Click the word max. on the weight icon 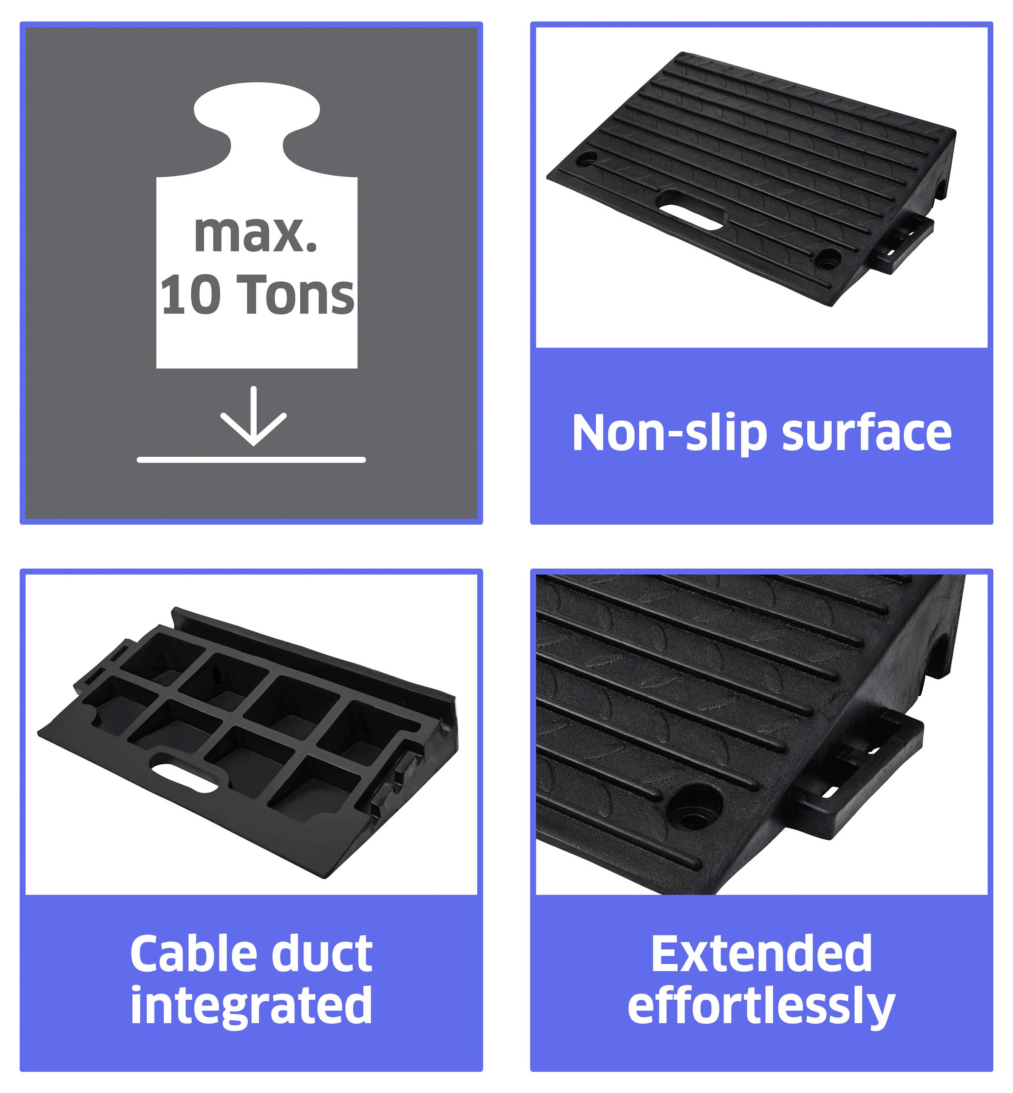point(256,235)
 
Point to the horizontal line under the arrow point(251,460)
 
